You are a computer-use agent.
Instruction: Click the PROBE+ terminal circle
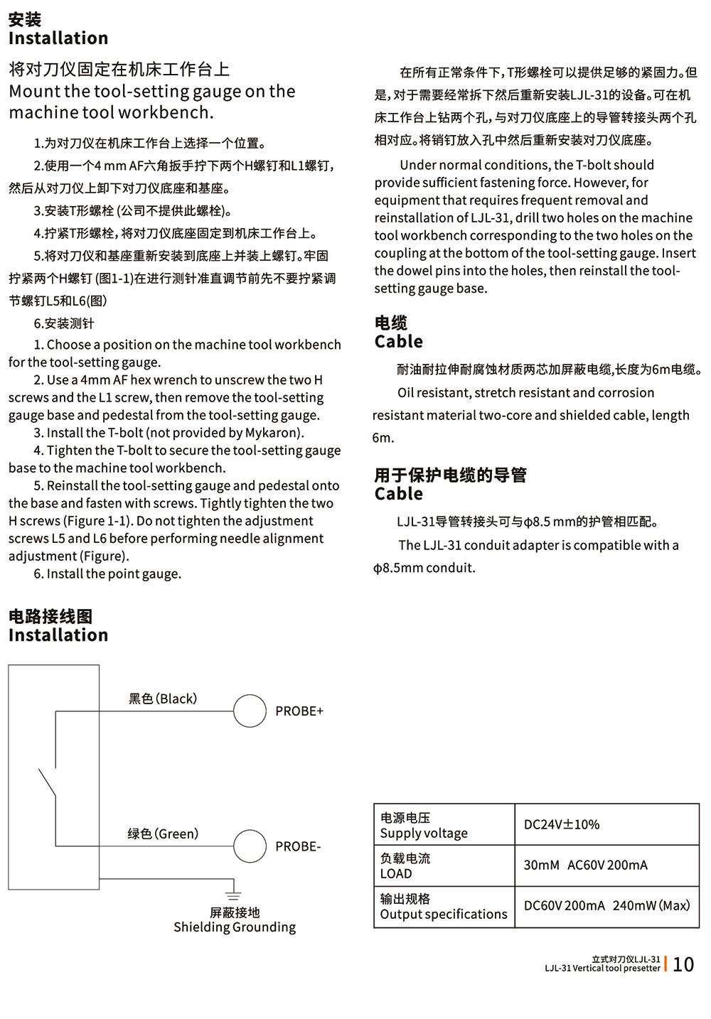250,711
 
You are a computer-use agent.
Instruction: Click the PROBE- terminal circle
250,846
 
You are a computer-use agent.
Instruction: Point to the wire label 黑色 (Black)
163,699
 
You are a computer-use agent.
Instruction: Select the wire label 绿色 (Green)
163,834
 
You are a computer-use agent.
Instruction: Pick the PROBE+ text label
299,711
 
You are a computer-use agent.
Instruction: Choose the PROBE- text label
298,846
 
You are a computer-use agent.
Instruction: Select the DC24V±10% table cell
562,824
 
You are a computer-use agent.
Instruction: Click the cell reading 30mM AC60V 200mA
585,865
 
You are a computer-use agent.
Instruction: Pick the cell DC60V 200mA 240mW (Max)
606,905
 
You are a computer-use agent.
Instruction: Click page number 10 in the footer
683,964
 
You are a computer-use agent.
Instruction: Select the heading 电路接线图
50,616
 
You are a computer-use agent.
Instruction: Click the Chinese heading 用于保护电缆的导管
450,475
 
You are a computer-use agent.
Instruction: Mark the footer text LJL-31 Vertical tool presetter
602,968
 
